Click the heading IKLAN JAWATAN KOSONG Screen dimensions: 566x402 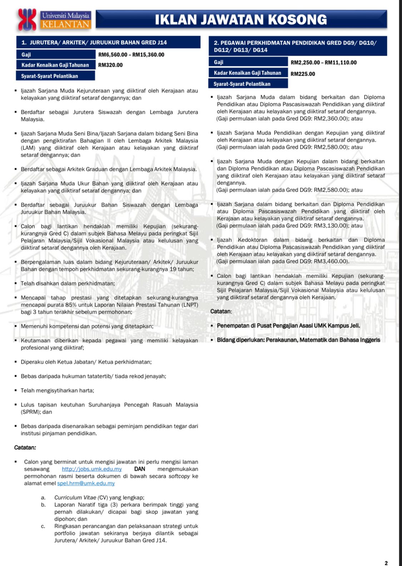tap(241, 19)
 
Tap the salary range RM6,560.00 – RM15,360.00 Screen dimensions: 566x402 tap(131, 55)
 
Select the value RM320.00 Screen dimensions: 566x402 tap(110, 65)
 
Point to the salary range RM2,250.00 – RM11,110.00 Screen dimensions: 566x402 tap(323, 62)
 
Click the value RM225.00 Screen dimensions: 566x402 tap(303, 74)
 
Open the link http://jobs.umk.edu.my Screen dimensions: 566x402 tap(91, 469)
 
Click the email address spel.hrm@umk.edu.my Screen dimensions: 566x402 tap(86, 483)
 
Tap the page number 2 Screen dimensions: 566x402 tap(386, 563)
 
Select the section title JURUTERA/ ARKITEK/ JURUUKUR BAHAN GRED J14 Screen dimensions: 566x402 tap(98, 42)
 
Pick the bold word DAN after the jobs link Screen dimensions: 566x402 tap(140, 469)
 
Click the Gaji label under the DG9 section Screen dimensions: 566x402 tap(219, 62)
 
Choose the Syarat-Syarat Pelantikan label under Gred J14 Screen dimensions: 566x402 tap(49, 76)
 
